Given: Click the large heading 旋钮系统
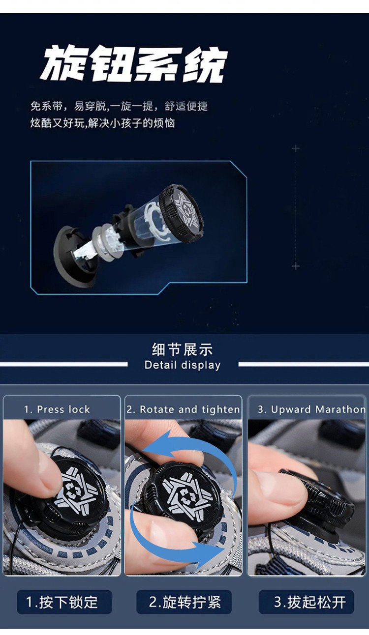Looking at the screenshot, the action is tap(133, 65).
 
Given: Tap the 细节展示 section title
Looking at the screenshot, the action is tap(182, 349).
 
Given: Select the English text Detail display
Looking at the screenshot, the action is tap(182, 365).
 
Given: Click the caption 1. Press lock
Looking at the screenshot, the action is tap(57, 409).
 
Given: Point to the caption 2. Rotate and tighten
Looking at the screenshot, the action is tap(183, 409).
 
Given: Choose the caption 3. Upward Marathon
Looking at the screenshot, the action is tap(311, 409).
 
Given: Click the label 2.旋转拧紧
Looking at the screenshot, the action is tap(184, 602).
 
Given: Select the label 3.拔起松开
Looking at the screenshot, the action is tap(306, 602).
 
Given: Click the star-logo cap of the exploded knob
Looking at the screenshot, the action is tap(182, 213).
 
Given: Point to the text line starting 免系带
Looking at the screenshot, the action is tap(119, 106).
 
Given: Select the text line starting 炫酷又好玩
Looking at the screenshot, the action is tap(102, 123).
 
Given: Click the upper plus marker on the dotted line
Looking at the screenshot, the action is tap(296, 148).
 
